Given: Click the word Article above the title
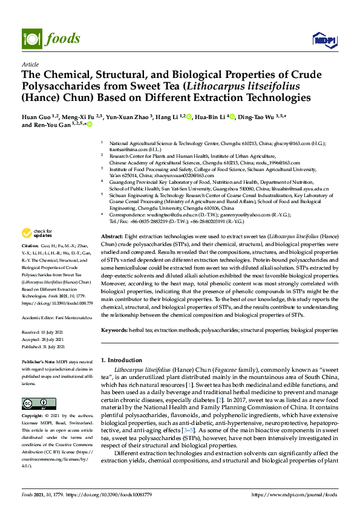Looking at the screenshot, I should pyautogui.click(x=30, y=63).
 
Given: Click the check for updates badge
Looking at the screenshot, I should pyautogui.click(x=37, y=233).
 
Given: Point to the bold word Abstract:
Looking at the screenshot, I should pyautogui.click(x=111, y=236).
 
